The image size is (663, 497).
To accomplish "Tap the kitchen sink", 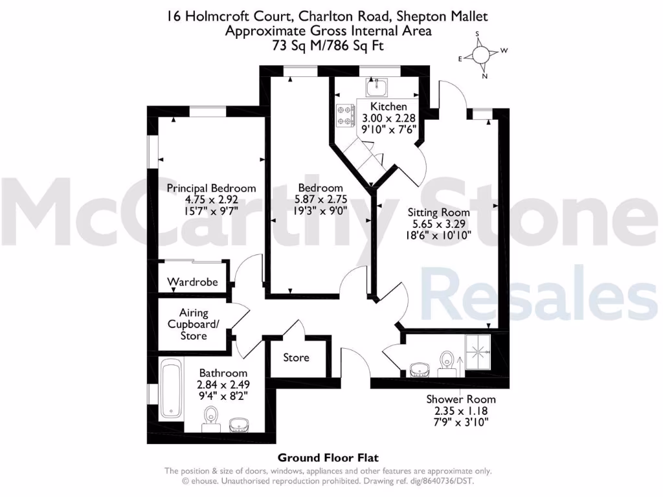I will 376,87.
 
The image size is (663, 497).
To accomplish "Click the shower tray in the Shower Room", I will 480,352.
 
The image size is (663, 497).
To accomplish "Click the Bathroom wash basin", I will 240,424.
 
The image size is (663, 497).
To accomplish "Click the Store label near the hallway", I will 297,357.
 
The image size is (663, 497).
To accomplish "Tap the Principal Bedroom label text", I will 211,188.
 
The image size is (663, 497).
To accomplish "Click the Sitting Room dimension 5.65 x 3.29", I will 438,223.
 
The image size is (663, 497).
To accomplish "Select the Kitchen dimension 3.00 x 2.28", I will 388,118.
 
